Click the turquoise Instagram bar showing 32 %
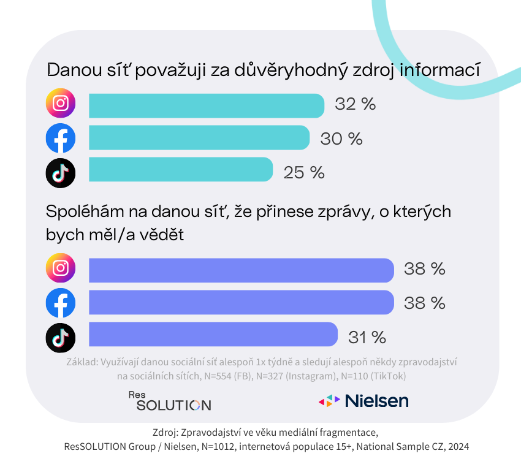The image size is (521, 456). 207,105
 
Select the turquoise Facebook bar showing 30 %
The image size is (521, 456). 199,137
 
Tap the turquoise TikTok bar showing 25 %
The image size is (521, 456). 181,170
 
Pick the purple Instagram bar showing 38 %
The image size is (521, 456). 241,270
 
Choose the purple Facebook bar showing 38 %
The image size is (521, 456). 241,302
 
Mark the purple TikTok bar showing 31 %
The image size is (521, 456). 213,335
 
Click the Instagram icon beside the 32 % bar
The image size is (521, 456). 61,104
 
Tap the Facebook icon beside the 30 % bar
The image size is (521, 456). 61,139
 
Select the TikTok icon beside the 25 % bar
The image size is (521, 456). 61,173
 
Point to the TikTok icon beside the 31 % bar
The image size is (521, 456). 61,338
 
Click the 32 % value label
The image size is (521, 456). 355,104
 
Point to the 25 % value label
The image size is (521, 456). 303,173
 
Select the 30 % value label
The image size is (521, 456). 341,139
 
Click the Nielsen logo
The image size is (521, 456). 363,401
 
